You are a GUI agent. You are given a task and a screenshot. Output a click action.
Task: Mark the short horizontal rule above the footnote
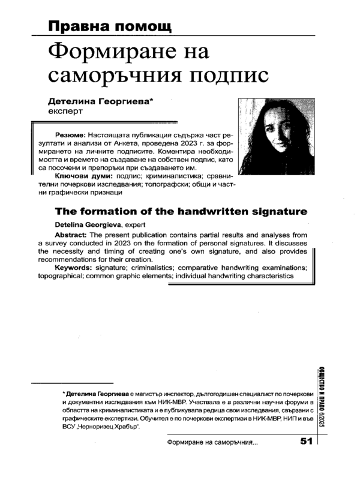pyautogui.click(x=71, y=382)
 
